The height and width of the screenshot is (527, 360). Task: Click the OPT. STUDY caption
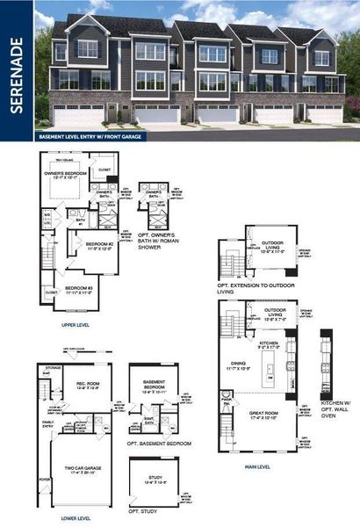click(x=142, y=511)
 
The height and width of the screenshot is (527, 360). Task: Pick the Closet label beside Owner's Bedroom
click(x=104, y=170)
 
